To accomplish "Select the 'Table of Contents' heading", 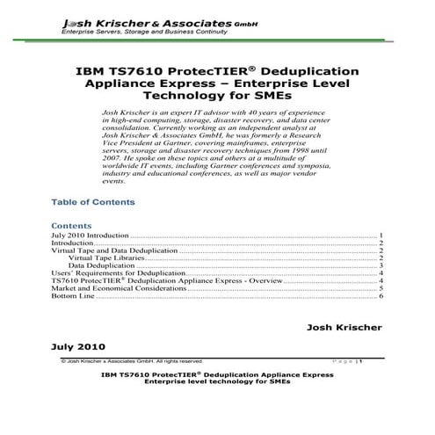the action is coord(93,202).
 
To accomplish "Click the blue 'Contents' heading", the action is coord(72,225).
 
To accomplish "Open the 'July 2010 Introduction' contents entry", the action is coord(91,236).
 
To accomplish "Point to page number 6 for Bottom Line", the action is coord(381,296).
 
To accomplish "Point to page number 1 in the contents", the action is coord(381,236).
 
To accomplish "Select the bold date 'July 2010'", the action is coord(81,347).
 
